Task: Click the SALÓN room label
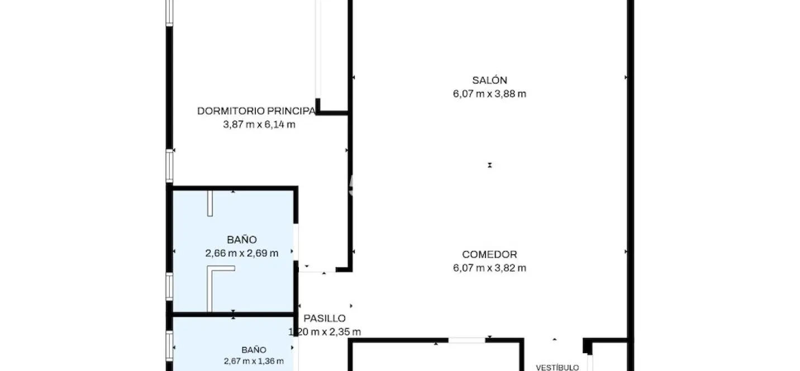coord(489,80)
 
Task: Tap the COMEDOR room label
coord(489,255)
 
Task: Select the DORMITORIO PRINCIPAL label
coord(256,111)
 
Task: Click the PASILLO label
coord(325,318)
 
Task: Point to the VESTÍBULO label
coord(558,368)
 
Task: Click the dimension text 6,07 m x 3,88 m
coord(489,94)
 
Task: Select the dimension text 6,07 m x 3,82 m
coord(489,268)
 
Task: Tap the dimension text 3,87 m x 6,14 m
coord(259,125)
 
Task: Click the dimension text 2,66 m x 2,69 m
coord(242,253)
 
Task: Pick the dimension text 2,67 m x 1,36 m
coord(254,361)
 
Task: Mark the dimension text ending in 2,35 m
coord(325,332)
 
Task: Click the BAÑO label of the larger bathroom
coord(242,240)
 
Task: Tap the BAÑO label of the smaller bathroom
coord(254,350)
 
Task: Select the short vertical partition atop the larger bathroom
coord(210,203)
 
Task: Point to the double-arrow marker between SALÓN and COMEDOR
coord(489,165)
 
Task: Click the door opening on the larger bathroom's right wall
coord(296,242)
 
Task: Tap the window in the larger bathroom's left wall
coord(169,287)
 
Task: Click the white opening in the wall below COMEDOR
coord(467,340)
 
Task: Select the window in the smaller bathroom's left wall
coord(169,346)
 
